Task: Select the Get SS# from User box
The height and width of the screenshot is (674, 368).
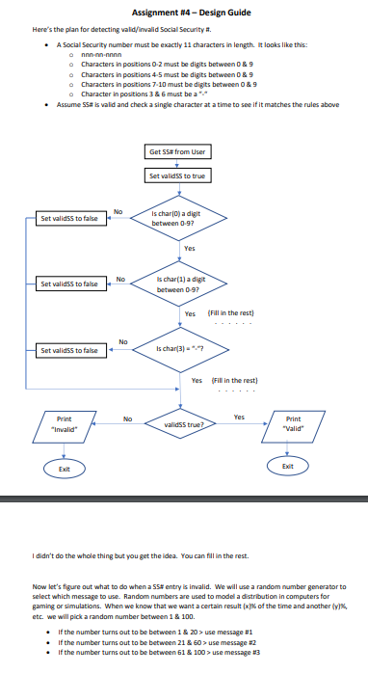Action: coord(176,152)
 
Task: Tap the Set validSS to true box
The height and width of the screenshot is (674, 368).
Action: coord(176,176)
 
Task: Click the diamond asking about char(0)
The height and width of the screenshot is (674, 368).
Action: coord(176,219)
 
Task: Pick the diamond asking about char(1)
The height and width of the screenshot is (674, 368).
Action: coord(176,284)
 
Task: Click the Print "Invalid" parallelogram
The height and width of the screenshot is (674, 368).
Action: coord(64,424)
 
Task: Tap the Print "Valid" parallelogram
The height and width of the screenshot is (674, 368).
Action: coord(294,424)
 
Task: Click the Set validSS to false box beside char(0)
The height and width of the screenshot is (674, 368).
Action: coord(69,219)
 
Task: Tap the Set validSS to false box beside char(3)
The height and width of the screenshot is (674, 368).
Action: coord(69,350)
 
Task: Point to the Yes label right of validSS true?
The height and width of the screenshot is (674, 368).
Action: coord(239,418)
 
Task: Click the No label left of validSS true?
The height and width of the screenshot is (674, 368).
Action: coord(127,418)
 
